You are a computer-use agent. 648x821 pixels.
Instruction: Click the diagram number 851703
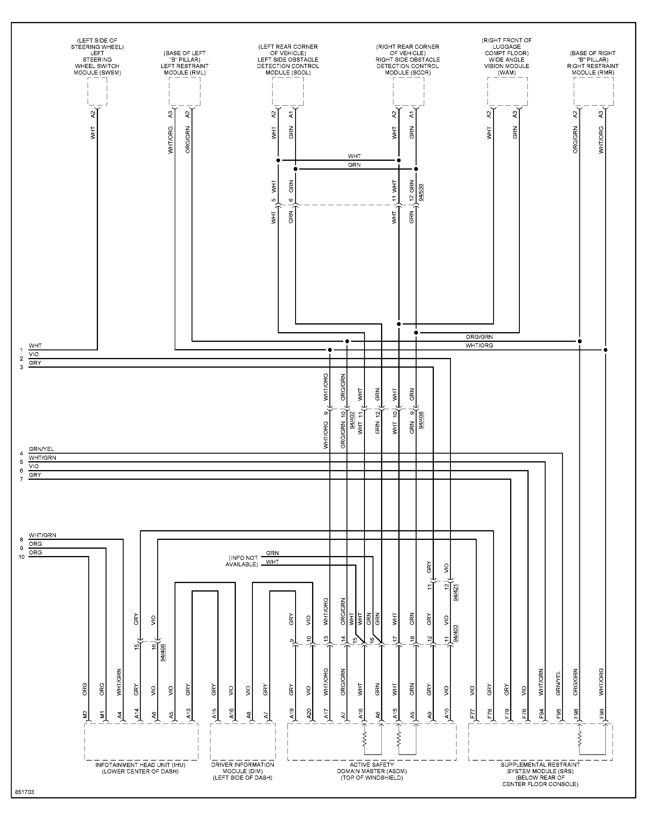coord(25,792)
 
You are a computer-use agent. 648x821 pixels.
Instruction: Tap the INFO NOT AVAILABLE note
coord(242,561)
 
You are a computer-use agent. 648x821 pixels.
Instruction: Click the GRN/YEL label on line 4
coord(41,449)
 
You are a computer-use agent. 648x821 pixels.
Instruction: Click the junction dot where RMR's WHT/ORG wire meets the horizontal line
coord(605,350)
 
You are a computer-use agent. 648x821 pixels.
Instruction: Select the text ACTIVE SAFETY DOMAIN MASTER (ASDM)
coord(372,771)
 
